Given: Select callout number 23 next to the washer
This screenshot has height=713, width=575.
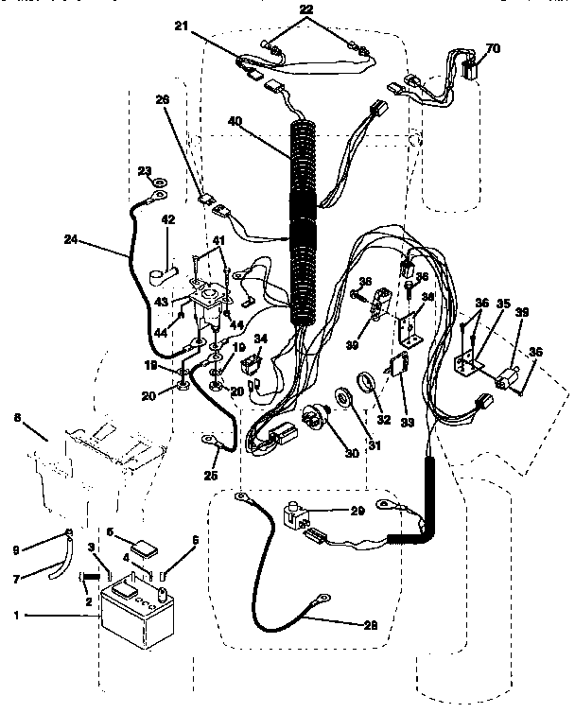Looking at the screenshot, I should (x=144, y=171).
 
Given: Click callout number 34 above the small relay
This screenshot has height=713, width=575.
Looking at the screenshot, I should (x=259, y=339).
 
